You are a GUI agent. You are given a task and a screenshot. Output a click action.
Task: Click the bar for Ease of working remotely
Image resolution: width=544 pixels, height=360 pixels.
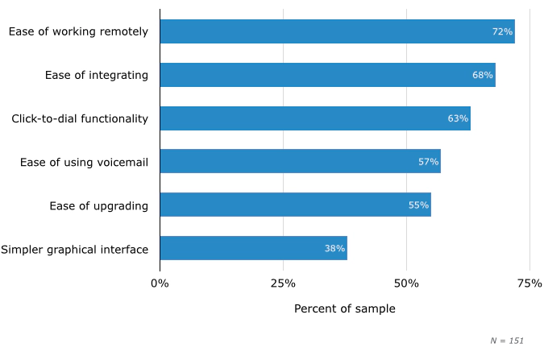[x=337, y=31]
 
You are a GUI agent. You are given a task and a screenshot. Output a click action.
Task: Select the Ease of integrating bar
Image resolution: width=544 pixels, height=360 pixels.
[x=327, y=75]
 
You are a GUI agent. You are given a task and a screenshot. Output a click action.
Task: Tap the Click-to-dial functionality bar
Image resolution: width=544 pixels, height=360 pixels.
[x=314, y=118]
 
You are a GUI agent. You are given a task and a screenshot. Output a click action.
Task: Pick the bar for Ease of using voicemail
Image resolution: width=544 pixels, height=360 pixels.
[x=300, y=161]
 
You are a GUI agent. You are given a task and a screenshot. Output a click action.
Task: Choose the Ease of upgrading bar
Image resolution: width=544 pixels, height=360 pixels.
[x=295, y=205]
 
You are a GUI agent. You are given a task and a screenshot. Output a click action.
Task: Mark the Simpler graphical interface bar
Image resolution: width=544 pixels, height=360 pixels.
[x=253, y=248]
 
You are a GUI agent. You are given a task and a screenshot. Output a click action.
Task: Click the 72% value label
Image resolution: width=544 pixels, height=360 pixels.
[x=502, y=31]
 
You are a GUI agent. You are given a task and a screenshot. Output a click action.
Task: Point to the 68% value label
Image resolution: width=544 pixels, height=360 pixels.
[x=483, y=75]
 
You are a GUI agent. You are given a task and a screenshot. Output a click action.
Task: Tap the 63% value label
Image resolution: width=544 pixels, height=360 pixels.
[x=458, y=118]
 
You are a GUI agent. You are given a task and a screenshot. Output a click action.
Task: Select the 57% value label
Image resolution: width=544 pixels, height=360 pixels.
[x=429, y=162]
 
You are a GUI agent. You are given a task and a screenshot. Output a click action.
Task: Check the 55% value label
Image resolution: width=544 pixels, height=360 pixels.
[x=418, y=205]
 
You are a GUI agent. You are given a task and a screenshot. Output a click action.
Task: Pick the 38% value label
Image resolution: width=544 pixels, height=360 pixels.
[x=334, y=249]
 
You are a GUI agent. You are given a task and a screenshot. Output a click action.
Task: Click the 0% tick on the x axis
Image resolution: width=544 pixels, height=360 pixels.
[x=160, y=283]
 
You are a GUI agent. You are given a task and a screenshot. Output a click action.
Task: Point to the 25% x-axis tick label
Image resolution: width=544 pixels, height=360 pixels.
[x=283, y=283]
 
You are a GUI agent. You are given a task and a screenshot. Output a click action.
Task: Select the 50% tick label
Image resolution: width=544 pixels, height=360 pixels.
[x=406, y=283]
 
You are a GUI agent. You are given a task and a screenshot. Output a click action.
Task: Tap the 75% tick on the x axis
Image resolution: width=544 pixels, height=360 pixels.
[x=529, y=283]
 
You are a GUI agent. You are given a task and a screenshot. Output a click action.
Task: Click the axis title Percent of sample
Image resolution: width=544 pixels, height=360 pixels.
[x=344, y=309]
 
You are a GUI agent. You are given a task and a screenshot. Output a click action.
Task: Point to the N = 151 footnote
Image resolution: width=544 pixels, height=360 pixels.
[x=507, y=341]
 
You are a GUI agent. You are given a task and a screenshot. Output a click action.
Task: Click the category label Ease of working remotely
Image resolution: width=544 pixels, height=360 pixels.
[x=78, y=31]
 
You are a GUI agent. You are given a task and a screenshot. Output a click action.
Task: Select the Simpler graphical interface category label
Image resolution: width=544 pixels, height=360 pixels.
[x=74, y=249]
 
